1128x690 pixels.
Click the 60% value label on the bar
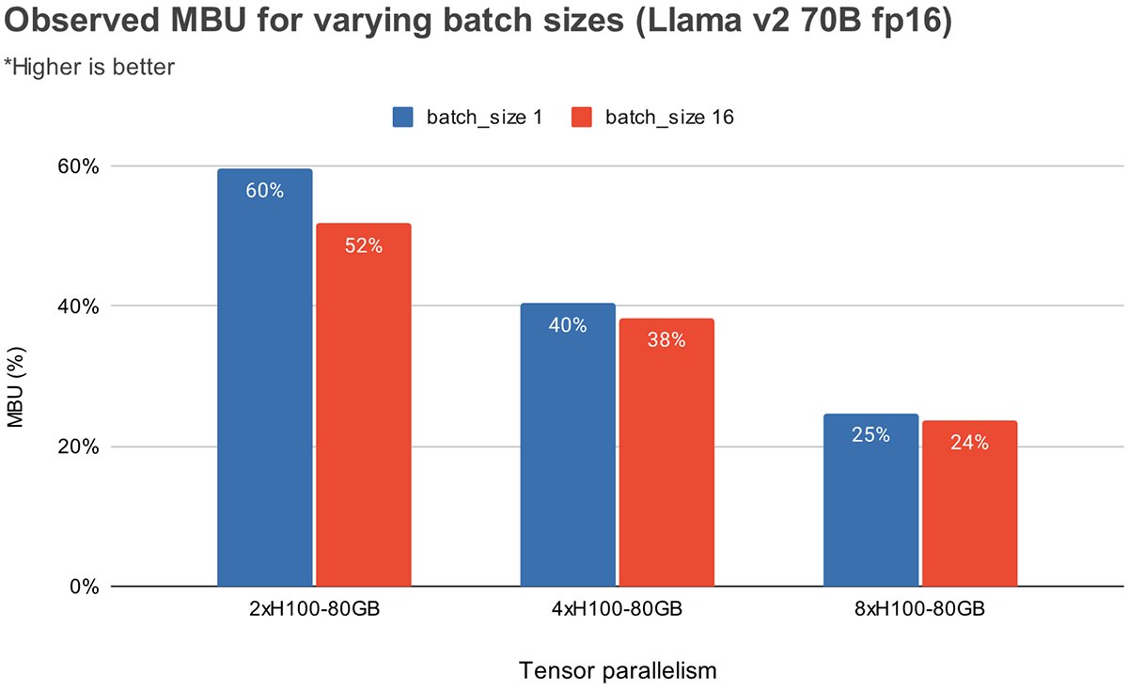(x=264, y=191)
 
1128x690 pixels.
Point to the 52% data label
(x=363, y=246)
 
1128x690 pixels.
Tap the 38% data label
(x=666, y=341)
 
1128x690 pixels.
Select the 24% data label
(x=969, y=443)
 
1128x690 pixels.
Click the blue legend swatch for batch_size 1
(x=403, y=117)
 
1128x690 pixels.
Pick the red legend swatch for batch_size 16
(x=582, y=117)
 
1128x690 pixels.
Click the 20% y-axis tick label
(x=80, y=447)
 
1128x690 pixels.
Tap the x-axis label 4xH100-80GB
(x=617, y=609)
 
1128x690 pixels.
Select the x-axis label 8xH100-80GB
(x=920, y=609)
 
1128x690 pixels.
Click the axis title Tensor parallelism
(x=618, y=671)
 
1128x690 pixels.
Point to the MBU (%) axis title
(x=15, y=376)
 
